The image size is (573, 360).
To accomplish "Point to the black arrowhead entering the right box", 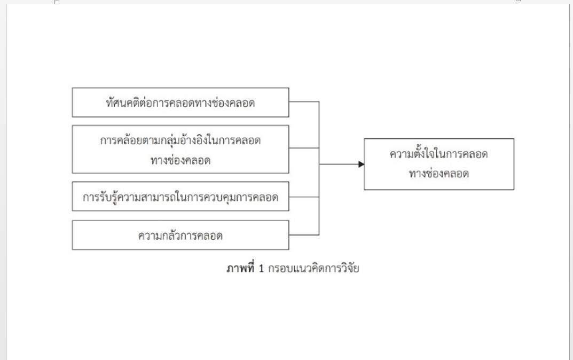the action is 361,164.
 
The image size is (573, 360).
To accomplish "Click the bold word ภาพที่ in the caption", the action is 240,268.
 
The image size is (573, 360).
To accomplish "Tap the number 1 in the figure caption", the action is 261,269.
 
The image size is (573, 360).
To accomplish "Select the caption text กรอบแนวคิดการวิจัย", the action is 313,268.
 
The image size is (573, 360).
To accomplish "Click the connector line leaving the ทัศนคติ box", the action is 304,101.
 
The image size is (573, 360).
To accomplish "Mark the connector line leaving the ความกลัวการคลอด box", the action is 304,234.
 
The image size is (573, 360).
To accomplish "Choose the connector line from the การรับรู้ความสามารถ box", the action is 304,197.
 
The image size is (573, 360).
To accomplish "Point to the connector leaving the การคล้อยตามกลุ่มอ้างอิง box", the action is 304,148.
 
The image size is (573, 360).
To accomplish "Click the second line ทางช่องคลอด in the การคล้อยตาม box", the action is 180,160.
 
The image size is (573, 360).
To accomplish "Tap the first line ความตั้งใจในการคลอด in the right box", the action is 438,153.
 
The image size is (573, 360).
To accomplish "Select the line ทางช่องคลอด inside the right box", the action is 438,173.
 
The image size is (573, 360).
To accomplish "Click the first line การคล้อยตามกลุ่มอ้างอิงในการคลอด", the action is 180,140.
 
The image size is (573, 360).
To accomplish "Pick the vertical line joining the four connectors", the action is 319,168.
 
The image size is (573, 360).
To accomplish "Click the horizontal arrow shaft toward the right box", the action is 339,164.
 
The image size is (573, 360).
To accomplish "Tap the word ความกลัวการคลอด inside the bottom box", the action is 180,236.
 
